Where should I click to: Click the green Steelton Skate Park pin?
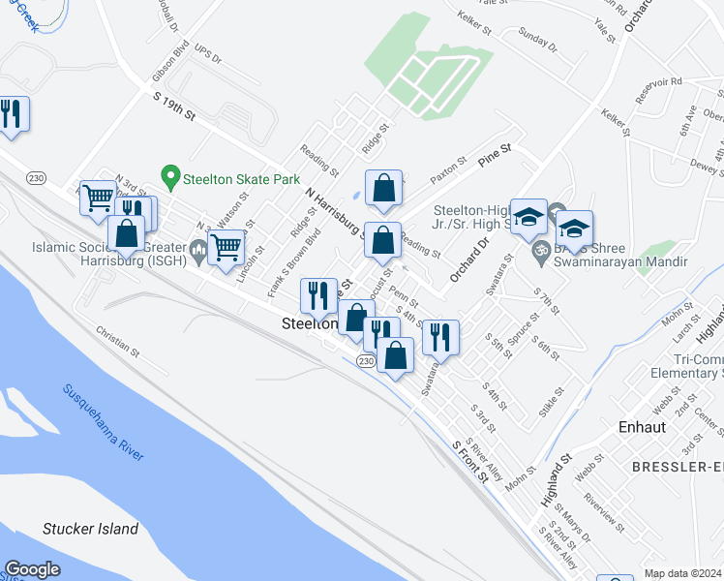[x=171, y=177]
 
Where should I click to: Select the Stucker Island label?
[x=90, y=529]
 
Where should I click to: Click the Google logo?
[x=31, y=569]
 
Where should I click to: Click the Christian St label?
[x=119, y=344]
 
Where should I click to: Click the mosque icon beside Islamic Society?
[x=198, y=250]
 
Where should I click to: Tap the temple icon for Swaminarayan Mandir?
[x=541, y=260]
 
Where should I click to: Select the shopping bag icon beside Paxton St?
[x=383, y=186]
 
